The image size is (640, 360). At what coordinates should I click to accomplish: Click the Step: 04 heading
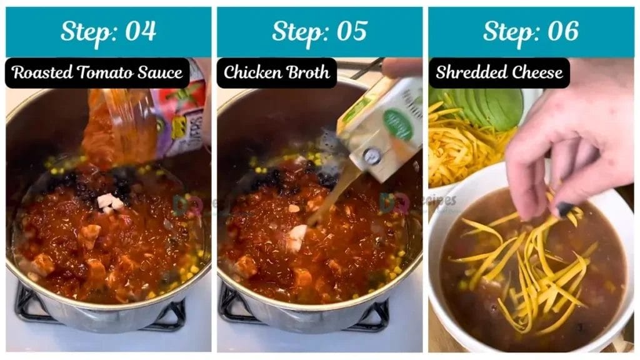[108, 32]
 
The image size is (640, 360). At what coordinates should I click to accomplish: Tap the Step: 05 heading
[319, 32]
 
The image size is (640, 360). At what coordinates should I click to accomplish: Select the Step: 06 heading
[531, 32]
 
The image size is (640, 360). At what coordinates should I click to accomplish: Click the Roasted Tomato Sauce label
[97, 72]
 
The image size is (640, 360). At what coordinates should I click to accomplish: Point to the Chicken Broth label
[276, 72]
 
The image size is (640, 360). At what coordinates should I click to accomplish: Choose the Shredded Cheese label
[499, 72]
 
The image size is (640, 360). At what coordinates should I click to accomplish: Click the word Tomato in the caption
[102, 72]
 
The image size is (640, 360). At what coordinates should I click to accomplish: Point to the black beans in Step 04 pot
[69, 181]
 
